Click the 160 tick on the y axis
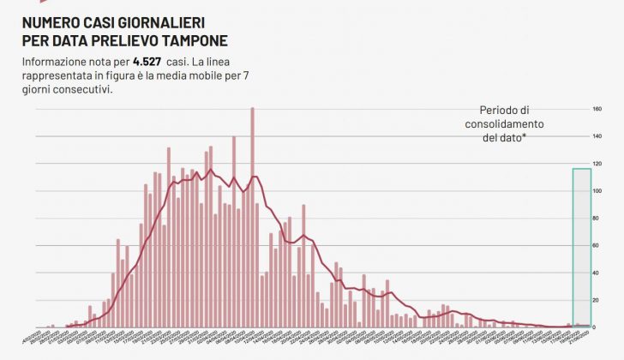tap(597, 109)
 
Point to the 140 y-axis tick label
tap(597, 136)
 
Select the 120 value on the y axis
tap(597, 164)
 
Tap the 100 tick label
tap(597, 191)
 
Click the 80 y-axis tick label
tap(597, 219)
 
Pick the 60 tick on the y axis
tap(597, 246)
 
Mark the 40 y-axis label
tap(597, 273)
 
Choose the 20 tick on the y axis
tap(597, 300)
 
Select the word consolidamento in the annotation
tap(504, 123)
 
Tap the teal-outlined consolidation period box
tap(581, 247)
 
